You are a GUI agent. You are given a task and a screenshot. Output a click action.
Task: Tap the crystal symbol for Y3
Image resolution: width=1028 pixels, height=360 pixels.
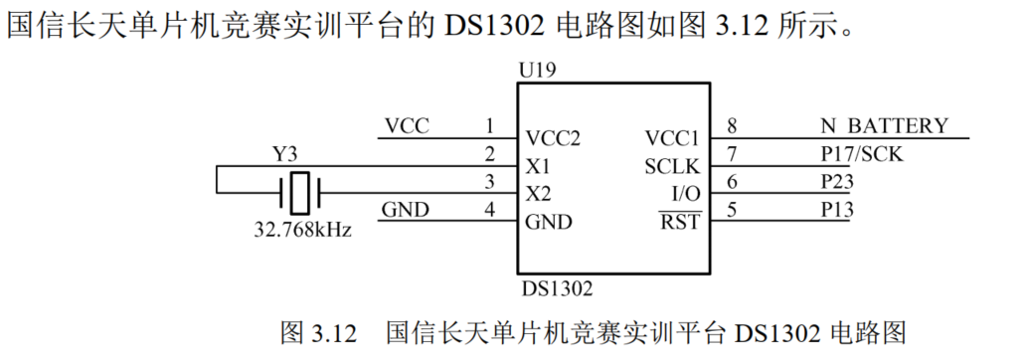(301, 193)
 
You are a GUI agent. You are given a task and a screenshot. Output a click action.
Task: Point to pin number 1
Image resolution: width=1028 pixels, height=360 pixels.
(488, 126)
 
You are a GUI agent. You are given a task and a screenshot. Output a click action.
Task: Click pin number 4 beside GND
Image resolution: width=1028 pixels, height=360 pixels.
(488, 209)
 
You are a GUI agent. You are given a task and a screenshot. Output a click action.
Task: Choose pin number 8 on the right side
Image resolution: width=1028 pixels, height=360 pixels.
(733, 126)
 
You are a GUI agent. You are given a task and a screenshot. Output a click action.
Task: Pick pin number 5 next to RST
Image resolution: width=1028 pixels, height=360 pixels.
(733, 209)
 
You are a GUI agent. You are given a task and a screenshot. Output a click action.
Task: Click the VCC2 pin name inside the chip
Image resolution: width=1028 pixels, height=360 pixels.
(553, 138)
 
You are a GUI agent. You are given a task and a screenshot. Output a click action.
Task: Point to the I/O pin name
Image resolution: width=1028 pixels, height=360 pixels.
(686, 193)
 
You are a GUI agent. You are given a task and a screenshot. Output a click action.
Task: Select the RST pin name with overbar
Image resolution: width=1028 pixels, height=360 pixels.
(681, 221)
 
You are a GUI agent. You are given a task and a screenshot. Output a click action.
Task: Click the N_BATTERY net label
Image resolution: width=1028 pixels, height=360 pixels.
(884, 126)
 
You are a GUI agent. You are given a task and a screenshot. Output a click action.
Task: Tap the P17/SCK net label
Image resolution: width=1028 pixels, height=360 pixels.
(861, 154)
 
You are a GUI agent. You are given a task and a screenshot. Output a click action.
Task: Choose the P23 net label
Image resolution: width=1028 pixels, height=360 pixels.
(837, 181)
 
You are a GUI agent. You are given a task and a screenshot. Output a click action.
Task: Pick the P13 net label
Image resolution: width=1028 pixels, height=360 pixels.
(837, 209)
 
